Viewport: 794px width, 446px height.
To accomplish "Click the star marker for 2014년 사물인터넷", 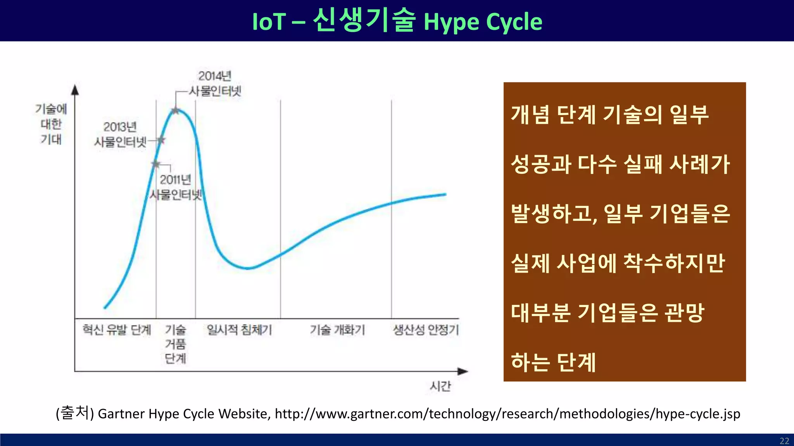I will coord(176,111).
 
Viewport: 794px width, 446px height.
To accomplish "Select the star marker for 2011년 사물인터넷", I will coord(156,164).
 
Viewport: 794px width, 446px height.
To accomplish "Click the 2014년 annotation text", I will coord(215,76).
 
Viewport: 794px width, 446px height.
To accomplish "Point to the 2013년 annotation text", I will coord(120,127).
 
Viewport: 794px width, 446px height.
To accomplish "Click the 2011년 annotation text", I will coord(175,180).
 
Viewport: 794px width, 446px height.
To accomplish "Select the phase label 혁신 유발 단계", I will coord(116,330).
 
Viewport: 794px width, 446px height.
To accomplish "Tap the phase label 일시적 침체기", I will coord(239,330).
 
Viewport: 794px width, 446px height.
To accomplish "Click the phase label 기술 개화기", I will coord(337,330).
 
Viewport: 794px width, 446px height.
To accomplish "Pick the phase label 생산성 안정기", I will coord(426,330).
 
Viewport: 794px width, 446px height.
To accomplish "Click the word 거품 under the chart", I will coord(175,344).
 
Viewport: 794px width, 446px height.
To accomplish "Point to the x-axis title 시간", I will coord(440,386).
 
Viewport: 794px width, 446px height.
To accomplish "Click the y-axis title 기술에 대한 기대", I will coord(51,124).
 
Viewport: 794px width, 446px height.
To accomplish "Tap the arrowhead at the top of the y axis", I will coord(75,90).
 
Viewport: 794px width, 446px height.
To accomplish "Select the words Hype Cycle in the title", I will coord(483,22).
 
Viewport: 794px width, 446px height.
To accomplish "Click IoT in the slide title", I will coord(269,22).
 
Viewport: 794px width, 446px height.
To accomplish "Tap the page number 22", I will coord(784,441).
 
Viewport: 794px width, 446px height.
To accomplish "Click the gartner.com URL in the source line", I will coord(507,414).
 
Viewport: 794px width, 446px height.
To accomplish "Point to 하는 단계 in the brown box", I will coord(553,362).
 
